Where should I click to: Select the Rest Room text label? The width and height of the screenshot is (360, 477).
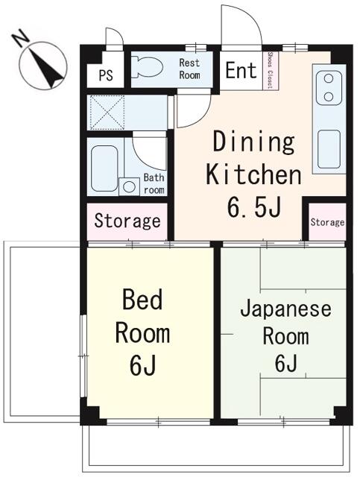(x=189, y=69)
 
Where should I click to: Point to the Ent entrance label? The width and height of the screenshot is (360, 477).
(x=240, y=71)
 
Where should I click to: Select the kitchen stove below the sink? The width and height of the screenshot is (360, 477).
(x=328, y=149)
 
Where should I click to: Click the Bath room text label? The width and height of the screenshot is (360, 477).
(x=154, y=183)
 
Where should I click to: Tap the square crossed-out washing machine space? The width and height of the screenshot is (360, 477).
(x=106, y=113)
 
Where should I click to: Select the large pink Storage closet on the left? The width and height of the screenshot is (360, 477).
(x=127, y=221)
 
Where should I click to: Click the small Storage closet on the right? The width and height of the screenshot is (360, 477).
(x=327, y=222)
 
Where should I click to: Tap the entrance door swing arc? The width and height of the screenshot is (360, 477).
(x=240, y=26)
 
